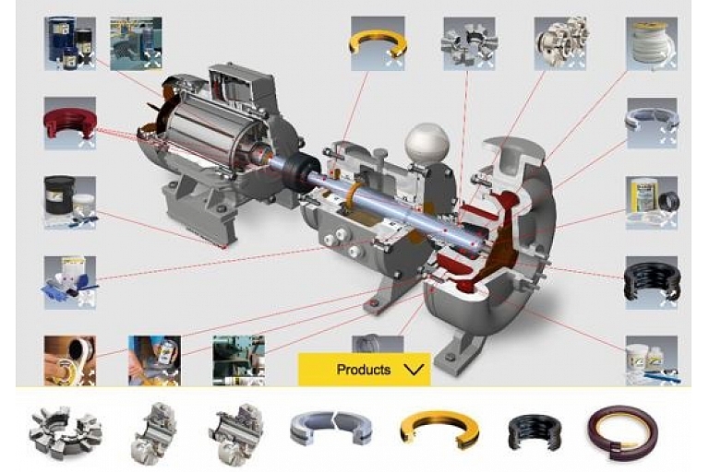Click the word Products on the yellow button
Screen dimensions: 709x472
tap(364, 370)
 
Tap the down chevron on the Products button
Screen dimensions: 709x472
tap(414, 370)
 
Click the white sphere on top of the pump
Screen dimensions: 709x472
tap(427, 143)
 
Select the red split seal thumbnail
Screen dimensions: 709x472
tap(70, 124)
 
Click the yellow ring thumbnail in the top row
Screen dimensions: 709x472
tap(378, 43)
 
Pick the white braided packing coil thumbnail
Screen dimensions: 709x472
tap(651, 43)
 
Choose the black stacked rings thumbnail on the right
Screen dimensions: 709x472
tap(651, 283)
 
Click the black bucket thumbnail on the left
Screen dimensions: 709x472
tap(70, 203)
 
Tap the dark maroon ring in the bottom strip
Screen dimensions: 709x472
tap(623, 431)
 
